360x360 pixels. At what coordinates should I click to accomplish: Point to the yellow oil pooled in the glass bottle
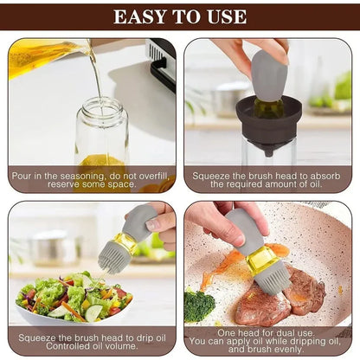(x=101, y=160)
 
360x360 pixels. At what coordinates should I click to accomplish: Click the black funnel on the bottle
(x=269, y=123)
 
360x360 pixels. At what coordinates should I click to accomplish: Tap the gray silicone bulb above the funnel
(x=268, y=75)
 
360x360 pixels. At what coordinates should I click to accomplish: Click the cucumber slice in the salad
(x=93, y=312)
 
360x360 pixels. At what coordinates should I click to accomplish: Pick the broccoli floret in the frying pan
(x=199, y=305)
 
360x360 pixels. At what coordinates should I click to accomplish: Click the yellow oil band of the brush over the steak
(x=260, y=259)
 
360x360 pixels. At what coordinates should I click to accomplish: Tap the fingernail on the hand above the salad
(x=153, y=224)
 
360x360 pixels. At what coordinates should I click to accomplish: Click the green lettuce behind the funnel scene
(x=344, y=86)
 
